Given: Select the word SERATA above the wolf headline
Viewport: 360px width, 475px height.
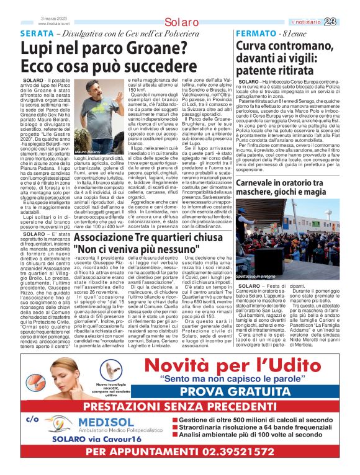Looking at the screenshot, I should (36, 32).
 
